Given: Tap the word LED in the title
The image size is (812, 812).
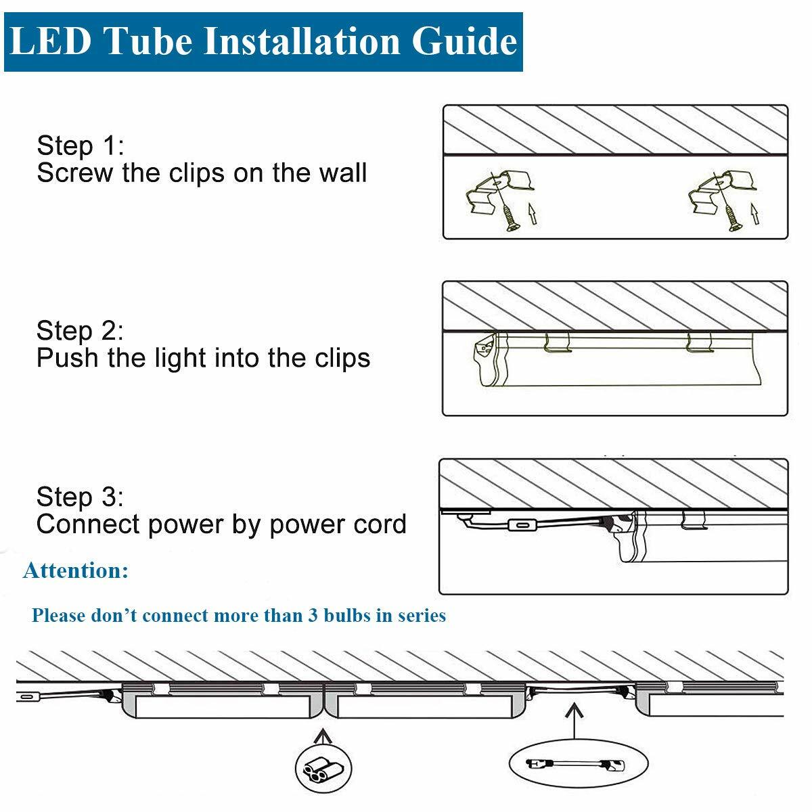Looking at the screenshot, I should coord(51,41).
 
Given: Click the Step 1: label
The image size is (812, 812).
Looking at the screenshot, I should coord(80,146).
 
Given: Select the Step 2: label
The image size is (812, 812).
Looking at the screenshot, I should coord(80,331).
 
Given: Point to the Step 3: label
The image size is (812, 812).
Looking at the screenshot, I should coord(80,497).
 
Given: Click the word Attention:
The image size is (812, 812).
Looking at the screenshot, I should coord(76,570).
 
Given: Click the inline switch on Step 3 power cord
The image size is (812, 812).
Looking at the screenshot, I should coord(524,526).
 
